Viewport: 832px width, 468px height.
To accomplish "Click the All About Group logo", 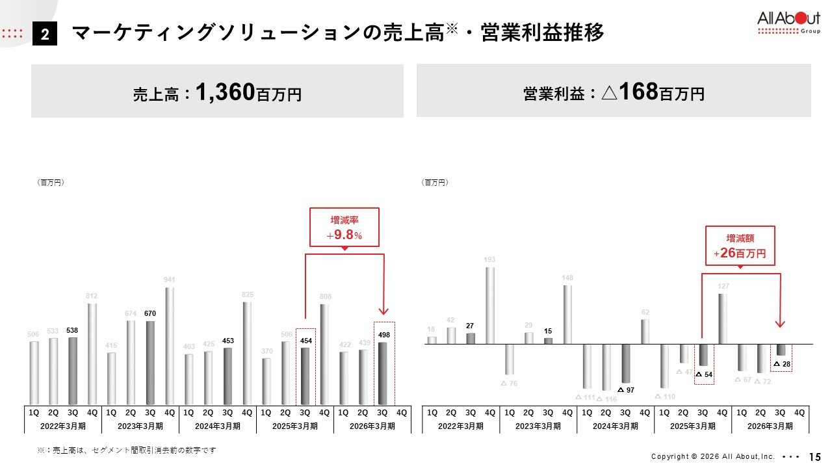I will pos(788,23).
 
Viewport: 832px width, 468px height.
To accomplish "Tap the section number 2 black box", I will pos(45,34).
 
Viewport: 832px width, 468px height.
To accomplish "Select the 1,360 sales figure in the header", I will pos(224,92).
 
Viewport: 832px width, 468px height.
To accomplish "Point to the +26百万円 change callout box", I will pos(740,246).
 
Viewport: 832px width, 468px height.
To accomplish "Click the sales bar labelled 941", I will pos(170,346).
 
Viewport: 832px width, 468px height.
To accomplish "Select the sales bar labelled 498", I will pos(383,373).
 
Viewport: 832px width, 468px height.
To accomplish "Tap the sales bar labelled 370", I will pos(266,381).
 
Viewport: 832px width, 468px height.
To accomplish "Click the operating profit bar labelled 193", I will pos(490,305).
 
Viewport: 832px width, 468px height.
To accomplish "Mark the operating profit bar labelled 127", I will pos(723,318).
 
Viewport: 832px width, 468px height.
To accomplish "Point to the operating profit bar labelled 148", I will pos(567,314).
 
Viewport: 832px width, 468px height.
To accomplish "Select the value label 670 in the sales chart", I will pos(150,313).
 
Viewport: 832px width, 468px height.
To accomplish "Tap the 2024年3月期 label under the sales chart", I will pos(218,426).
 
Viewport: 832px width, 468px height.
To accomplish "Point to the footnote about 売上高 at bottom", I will pos(126,450).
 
